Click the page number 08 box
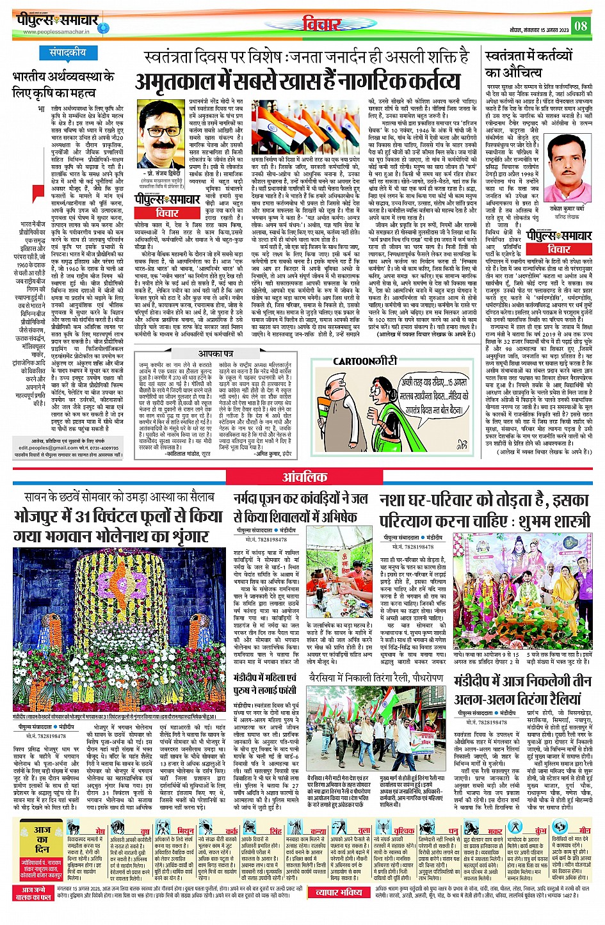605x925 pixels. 581,26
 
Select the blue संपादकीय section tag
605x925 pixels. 67,52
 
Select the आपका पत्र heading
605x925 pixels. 216,353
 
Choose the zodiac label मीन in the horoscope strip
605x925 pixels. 585,830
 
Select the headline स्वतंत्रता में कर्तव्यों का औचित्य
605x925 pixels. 538,65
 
